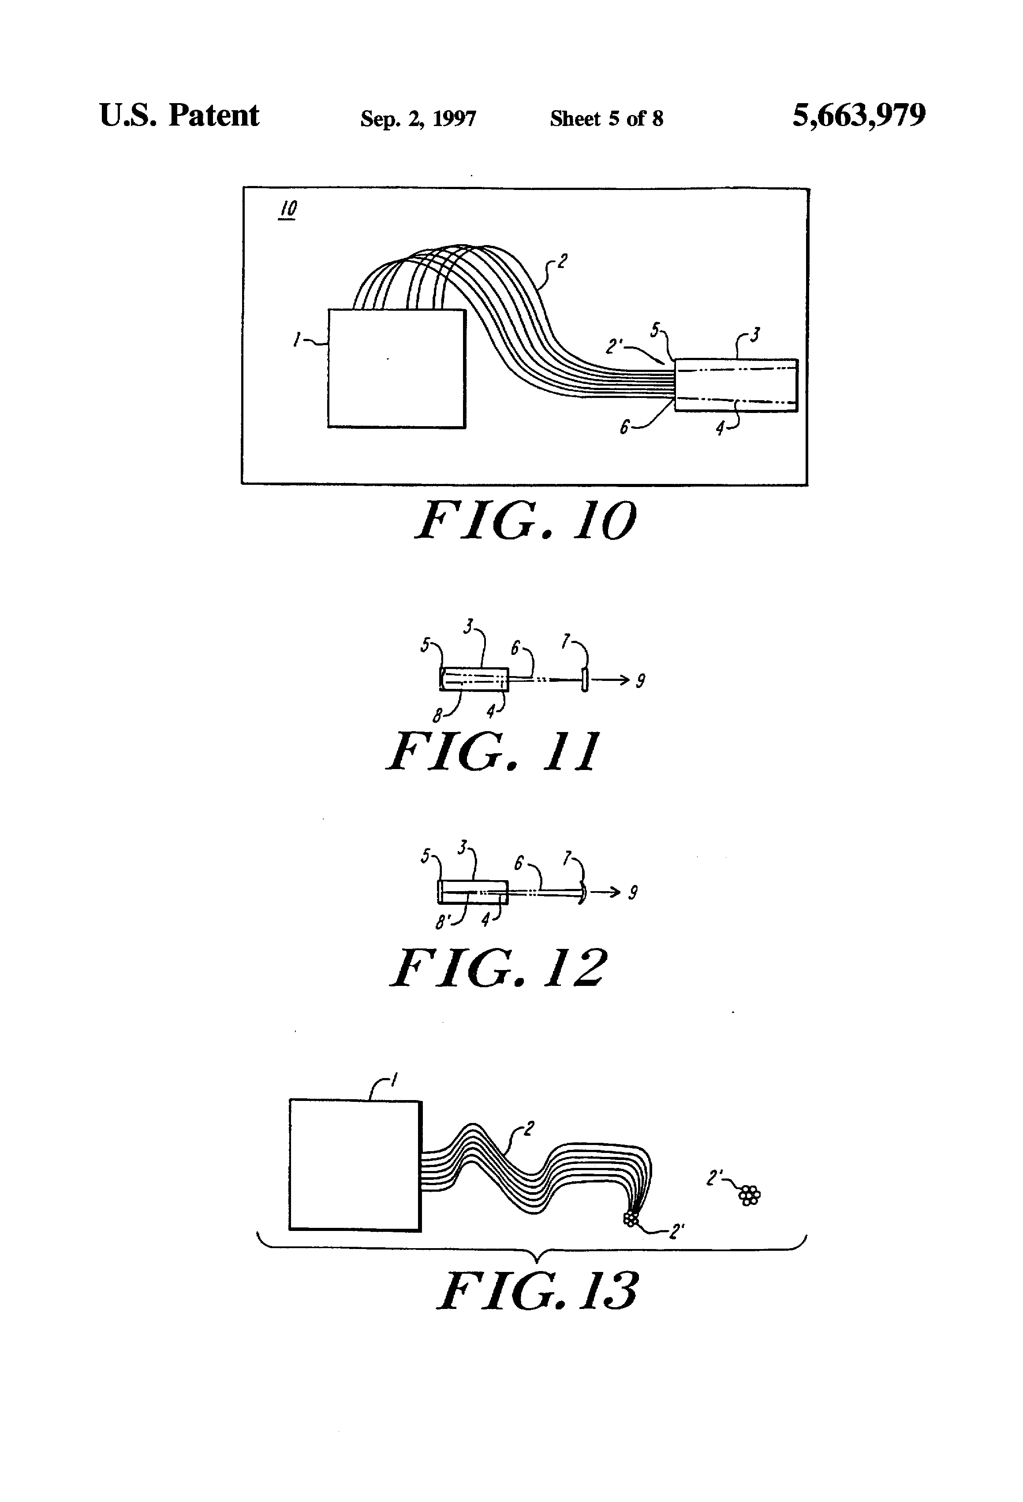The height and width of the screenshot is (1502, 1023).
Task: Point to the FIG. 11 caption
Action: coord(493,751)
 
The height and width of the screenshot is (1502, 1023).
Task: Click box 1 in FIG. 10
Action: coord(396,368)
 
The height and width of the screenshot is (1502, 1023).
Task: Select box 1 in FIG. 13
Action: coord(355,1165)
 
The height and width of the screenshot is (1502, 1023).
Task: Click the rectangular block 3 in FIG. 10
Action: coord(736,385)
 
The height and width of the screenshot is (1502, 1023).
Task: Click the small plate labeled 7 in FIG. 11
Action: coord(585,680)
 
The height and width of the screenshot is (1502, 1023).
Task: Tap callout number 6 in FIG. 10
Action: coord(624,427)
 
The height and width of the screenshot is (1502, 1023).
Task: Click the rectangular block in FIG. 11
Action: coord(474,679)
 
